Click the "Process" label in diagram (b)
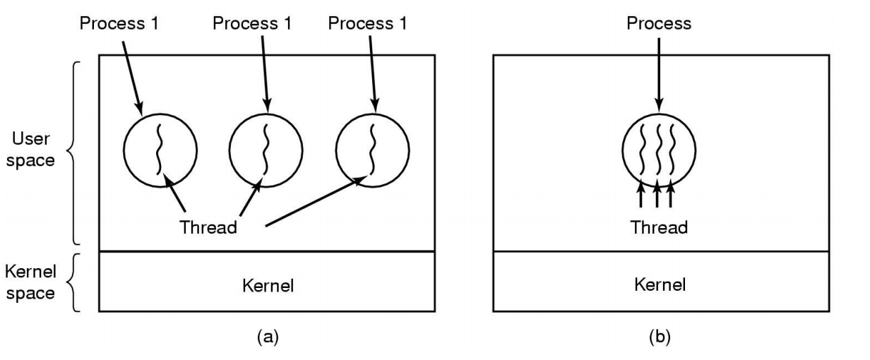tap(658, 24)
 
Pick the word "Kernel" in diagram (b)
tap(658, 285)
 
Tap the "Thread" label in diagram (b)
tap(658, 227)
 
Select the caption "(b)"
tap(658, 338)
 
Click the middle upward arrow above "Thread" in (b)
tap(658, 195)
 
